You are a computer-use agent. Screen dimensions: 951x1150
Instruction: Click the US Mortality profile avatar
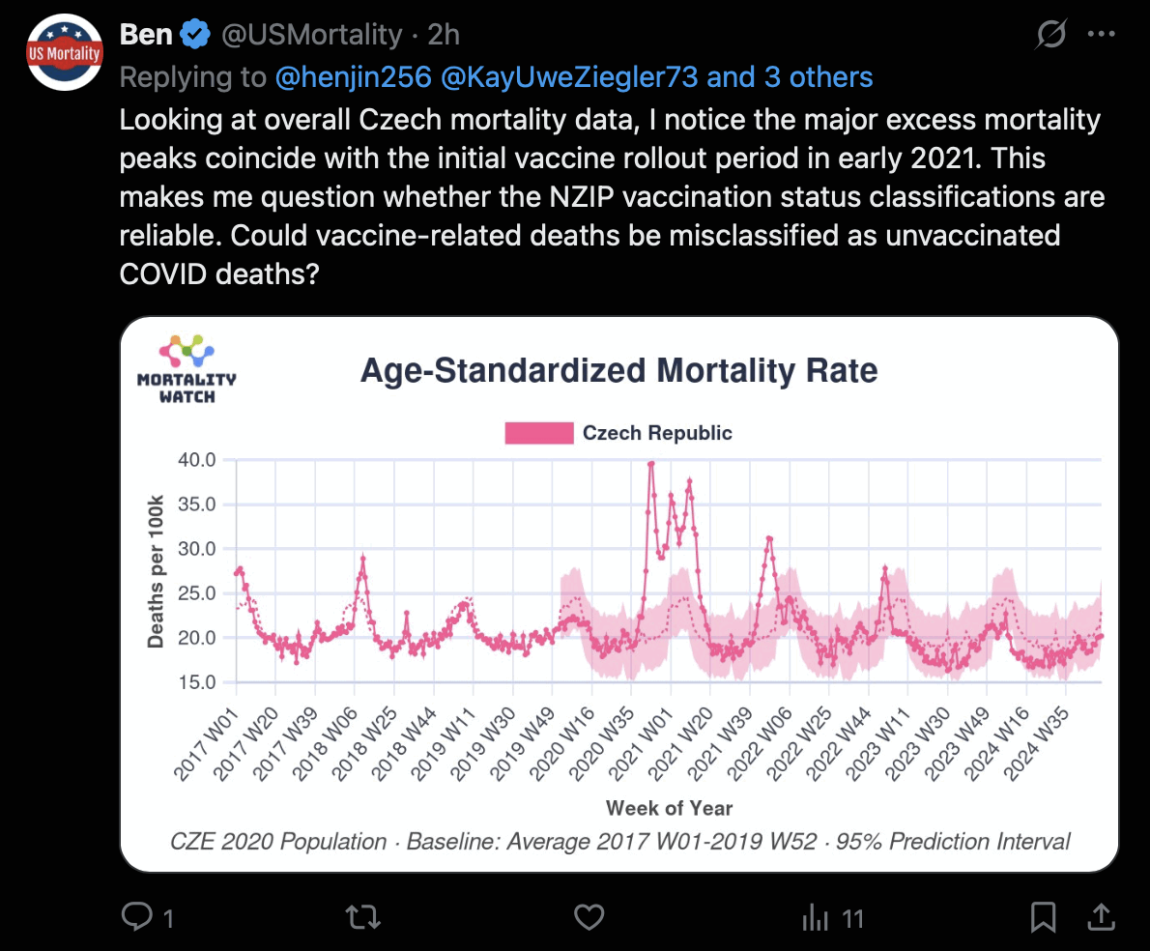[65, 52]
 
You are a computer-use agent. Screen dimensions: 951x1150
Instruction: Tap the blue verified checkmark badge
[196, 35]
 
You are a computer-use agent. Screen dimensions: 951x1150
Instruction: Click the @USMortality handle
[311, 36]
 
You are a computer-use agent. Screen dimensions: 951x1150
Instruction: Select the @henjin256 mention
[353, 77]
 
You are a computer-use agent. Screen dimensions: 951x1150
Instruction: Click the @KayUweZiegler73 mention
[568, 77]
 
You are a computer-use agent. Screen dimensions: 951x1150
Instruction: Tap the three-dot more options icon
[1101, 35]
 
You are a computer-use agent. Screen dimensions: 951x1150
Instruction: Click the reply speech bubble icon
[138, 916]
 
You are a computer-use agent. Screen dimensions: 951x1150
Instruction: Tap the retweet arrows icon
[362, 916]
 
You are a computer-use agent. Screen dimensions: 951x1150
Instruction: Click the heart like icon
[589, 916]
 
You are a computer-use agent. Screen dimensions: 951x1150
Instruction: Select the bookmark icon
[1043, 916]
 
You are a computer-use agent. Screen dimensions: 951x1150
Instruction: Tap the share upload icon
[1100, 915]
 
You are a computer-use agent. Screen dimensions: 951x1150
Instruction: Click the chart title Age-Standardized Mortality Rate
[618, 370]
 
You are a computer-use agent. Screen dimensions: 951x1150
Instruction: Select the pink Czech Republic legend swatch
[538, 433]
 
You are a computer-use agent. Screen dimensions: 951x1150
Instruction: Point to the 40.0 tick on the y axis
[198, 459]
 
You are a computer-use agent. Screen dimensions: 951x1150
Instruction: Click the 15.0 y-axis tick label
[198, 682]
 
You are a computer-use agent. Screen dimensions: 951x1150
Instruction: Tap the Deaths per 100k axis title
[156, 572]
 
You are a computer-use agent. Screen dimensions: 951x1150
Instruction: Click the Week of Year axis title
[669, 808]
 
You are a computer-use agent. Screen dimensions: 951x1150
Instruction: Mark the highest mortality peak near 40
[650, 464]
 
